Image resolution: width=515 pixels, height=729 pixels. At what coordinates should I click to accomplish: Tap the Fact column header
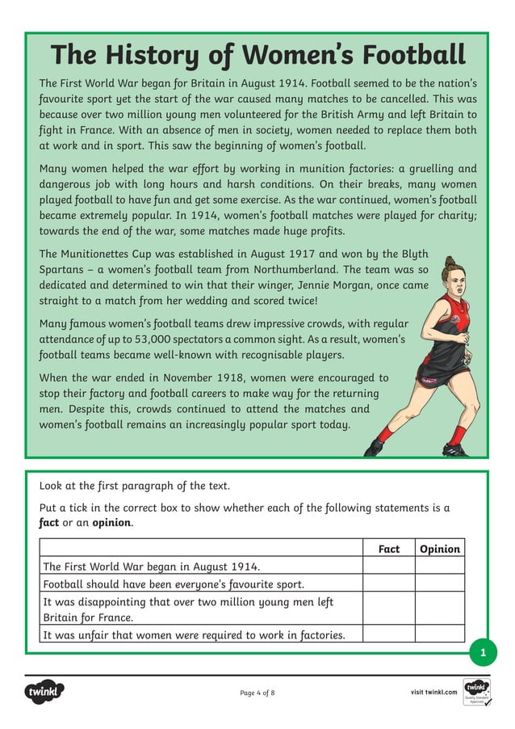click(388, 549)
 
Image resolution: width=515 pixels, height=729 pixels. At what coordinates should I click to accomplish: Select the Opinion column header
click(440, 549)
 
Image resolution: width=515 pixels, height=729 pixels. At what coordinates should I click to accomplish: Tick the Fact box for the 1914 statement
click(388, 566)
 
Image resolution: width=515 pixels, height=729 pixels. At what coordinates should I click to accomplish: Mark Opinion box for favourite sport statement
click(440, 584)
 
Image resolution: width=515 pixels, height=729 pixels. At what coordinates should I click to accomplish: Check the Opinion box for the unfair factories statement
click(440, 634)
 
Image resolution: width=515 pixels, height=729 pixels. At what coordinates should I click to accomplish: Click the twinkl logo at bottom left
click(44, 692)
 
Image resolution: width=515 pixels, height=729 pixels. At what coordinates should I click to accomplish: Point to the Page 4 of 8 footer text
click(257, 693)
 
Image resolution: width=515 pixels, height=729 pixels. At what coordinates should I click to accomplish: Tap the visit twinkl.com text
click(434, 692)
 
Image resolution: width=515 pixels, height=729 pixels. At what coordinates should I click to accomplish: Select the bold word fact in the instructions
click(49, 522)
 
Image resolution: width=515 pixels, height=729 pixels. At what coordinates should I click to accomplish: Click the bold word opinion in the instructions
click(111, 522)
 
